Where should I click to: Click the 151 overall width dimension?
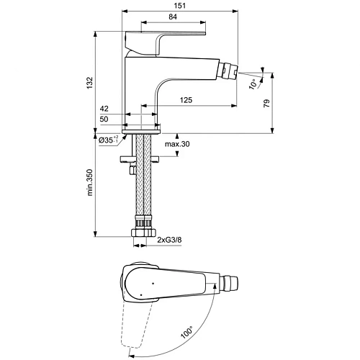pyautogui.click(x=180, y=6)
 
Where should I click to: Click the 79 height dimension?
pyautogui.click(x=266, y=102)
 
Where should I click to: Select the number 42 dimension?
pyautogui.click(x=106, y=109)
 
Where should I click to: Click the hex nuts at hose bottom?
pyautogui.click(x=143, y=233)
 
